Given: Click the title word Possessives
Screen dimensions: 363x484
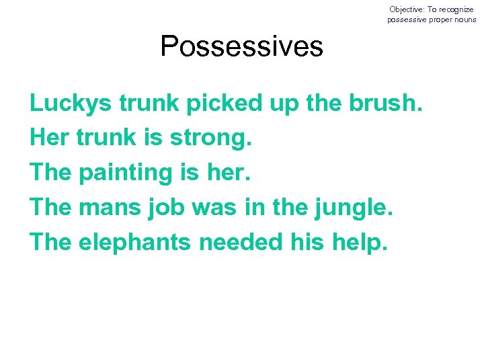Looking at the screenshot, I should (x=241, y=46).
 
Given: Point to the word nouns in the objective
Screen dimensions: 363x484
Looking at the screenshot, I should (x=464, y=19).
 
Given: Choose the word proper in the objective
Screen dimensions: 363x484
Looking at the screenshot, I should (x=439, y=19).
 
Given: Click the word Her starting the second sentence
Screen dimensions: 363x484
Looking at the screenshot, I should (x=49, y=138).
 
